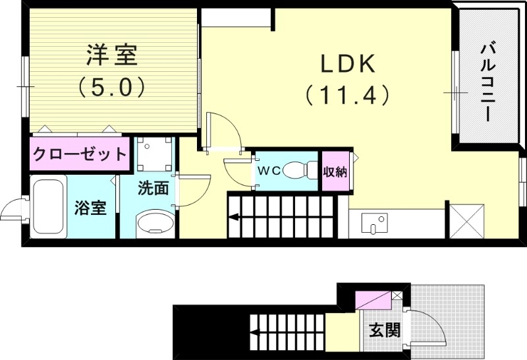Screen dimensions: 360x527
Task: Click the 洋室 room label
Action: tap(111, 56)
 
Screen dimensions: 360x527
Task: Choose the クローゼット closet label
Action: tap(79, 155)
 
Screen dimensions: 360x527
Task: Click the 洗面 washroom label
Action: tap(153, 188)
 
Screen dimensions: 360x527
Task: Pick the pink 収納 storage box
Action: tap(335, 171)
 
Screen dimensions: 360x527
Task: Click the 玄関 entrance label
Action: tap(385, 329)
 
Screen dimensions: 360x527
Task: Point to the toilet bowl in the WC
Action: tap(302, 170)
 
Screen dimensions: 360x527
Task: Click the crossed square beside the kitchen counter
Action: tap(467, 220)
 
